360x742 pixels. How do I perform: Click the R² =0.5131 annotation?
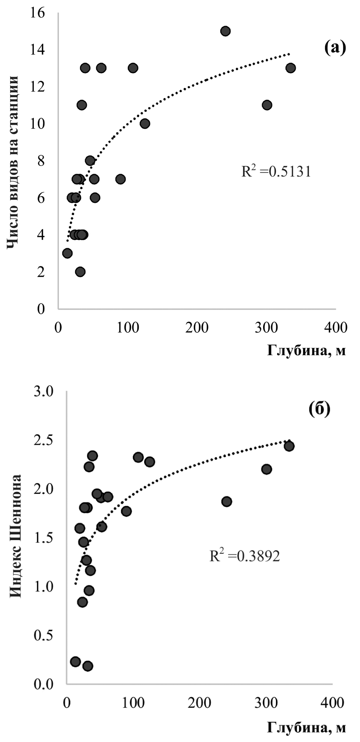pyautogui.click(x=276, y=172)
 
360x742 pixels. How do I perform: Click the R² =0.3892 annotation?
pyautogui.click(x=244, y=556)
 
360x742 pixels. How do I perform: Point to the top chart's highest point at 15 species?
pyautogui.click(x=225, y=31)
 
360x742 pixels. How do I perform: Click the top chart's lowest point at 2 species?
pyautogui.click(x=80, y=272)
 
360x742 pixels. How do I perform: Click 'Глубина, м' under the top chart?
pyautogui.click(x=306, y=351)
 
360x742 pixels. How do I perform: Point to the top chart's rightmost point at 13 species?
pyautogui.click(x=290, y=68)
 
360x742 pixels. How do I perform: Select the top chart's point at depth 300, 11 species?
pyautogui.click(x=267, y=105)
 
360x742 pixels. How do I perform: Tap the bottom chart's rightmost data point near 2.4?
pyautogui.click(x=289, y=446)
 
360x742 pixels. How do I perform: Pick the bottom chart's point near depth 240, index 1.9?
pyautogui.click(x=226, y=502)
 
